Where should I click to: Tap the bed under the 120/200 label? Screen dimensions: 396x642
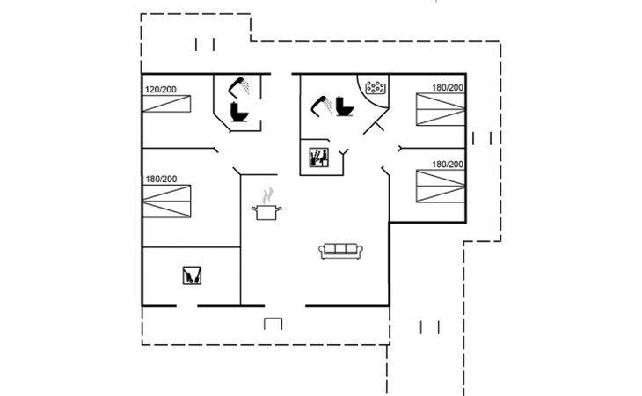164,106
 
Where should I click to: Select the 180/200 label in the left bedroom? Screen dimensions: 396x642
161,180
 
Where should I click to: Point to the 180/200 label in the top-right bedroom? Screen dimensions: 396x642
448,88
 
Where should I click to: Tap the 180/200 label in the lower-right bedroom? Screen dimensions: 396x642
448,164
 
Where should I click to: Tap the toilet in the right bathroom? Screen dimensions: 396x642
344,106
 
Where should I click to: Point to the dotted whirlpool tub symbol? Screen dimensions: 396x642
377,88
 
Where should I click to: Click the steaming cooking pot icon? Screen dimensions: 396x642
267,210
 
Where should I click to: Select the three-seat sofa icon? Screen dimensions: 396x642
341,250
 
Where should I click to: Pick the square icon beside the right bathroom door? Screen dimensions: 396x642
317,159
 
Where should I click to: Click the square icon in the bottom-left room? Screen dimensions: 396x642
192,275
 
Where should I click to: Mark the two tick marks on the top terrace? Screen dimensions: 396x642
206,44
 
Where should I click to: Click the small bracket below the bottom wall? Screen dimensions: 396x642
274,323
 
